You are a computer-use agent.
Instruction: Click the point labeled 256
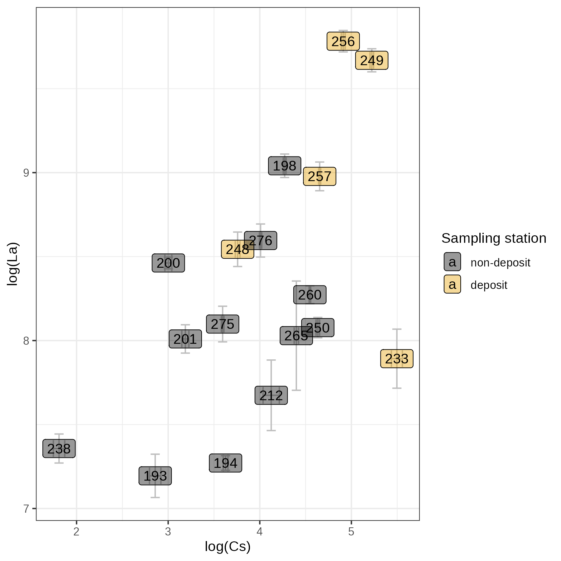point(343,41)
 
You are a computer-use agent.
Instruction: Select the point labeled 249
point(372,60)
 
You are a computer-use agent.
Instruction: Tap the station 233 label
point(396,359)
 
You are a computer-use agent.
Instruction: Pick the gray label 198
point(285,166)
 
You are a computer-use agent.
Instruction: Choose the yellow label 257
point(319,176)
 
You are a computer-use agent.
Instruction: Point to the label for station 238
point(59,448)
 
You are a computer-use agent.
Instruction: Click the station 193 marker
point(155,476)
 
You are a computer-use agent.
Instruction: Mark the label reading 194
point(225,463)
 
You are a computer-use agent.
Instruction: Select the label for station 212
point(271,396)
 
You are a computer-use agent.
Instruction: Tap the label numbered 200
point(168,263)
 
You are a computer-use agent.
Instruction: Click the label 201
point(185,339)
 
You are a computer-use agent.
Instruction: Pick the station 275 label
point(223,324)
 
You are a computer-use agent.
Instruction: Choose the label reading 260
point(310,295)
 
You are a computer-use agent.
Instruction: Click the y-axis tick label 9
point(26,173)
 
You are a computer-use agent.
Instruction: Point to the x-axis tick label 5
point(351,532)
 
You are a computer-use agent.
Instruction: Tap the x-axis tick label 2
point(76,532)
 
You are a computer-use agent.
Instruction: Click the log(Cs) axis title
point(228,547)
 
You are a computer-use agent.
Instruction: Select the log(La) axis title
point(13,264)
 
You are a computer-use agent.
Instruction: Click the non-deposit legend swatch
point(452,262)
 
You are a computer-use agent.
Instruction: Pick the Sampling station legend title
point(494,238)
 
